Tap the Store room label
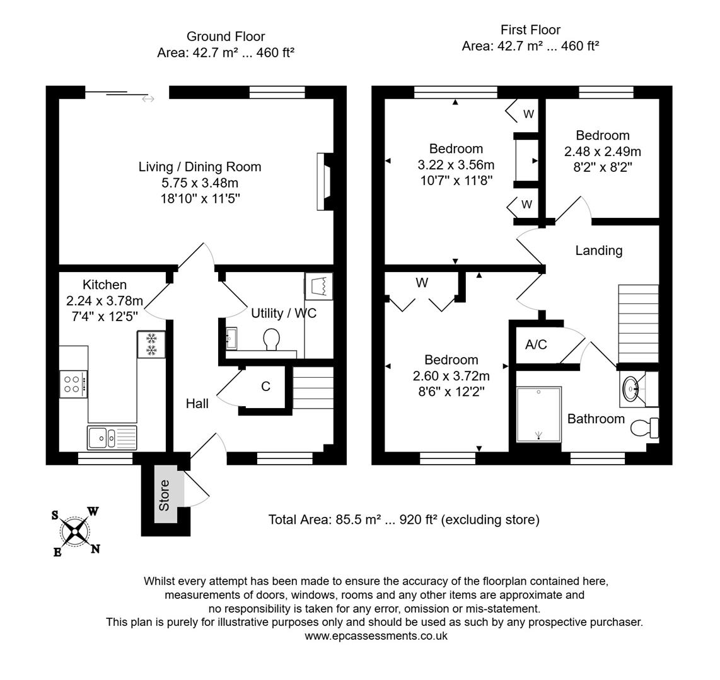tap(164, 495)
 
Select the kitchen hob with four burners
tap(73, 384)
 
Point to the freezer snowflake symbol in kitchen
tap(151, 344)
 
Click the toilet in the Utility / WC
tap(272, 339)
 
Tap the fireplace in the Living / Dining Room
tap(324, 181)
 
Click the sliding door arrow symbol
tap(148, 99)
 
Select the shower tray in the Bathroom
tap(538, 415)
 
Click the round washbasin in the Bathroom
tap(632, 388)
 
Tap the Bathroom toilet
tap(644, 428)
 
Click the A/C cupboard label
tap(536, 344)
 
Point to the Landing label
tap(598, 251)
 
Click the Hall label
tap(197, 404)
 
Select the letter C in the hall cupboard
tap(266, 387)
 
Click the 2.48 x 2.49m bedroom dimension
tap(602, 152)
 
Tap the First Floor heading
tap(530, 30)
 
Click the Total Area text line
tap(404, 519)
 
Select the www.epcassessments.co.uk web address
tap(376, 636)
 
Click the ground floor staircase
tap(313, 390)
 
